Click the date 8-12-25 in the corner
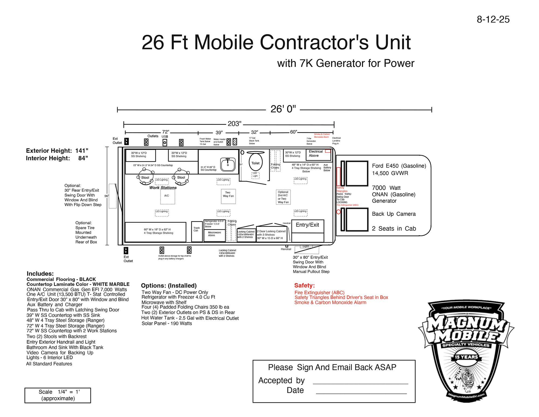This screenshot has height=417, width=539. pyautogui.click(x=493, y=19)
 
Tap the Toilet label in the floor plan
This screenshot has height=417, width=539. pyautogui.click(x=255, y=163)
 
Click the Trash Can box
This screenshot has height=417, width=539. pyautogui.click(x=196, y=231)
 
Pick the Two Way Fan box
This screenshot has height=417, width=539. pyautogui.click(x=228, y=196)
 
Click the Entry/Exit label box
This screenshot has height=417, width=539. pyautogui.click(x=307, y=225)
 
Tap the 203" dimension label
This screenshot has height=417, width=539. pyautogui.click(x=234, y=124)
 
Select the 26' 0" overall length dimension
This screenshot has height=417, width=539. pyautogui.click(x=283, y=109)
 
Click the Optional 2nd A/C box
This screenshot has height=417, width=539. pyautogui.click(x=283, y=197)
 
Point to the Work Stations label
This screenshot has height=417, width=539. pyautogui.click(x=163, y=188)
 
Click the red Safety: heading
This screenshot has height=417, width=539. pyautogui.click(x=304, y=286)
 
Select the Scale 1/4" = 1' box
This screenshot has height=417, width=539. pyautogui.click(x=58, y=395)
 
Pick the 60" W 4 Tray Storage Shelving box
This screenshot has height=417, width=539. pyautogui.click(x=156, y=232)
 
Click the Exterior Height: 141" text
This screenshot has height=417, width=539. pyautogui.click(x=57, y=151)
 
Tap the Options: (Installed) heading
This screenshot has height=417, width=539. pyautogui.click(x=169, y=286)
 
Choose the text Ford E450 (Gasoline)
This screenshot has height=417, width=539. pyautogui.click(x=399, y=166)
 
